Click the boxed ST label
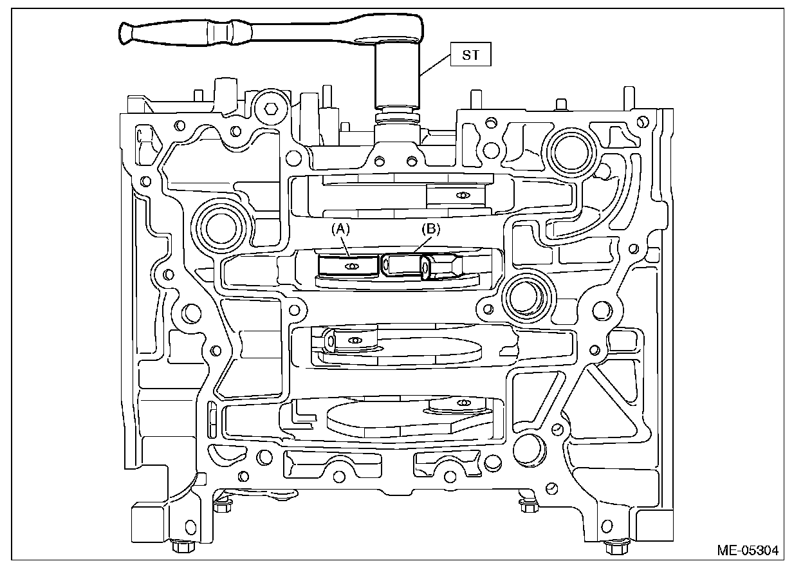tap(471, 55)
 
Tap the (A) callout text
tap(341, 229)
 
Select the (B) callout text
tap(429, 229)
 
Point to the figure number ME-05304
tap(748, 551)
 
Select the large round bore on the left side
tap(220, 224)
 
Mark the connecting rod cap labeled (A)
tap(348, 266)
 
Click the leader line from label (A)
tap(345, 247)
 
